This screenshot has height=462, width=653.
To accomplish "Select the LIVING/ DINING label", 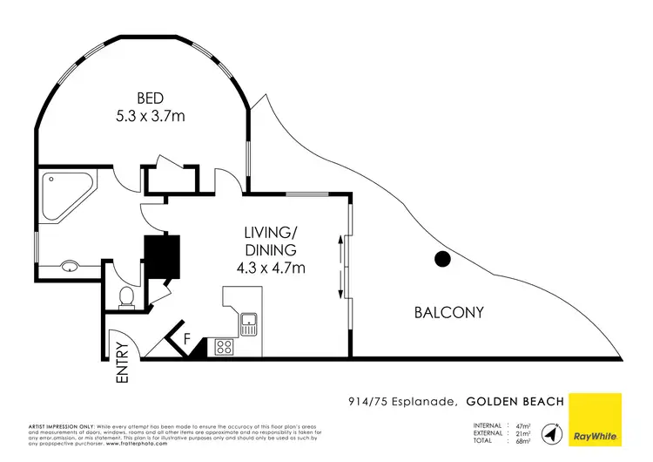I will (x=271, y=241).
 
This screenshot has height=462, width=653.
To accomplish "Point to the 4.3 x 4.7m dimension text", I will (x=271, y=268).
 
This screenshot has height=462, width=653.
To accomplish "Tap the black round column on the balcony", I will (x=442, y=258).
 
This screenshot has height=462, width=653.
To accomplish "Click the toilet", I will (x=126, y=298).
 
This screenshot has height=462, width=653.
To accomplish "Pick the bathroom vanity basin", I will (x=70, y=267).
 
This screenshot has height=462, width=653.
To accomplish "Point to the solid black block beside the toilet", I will (x=162, y=256).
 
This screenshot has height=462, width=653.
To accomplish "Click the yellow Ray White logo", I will (x=593, y=419).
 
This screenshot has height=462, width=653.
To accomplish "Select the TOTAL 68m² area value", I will (x=524, y=441).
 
